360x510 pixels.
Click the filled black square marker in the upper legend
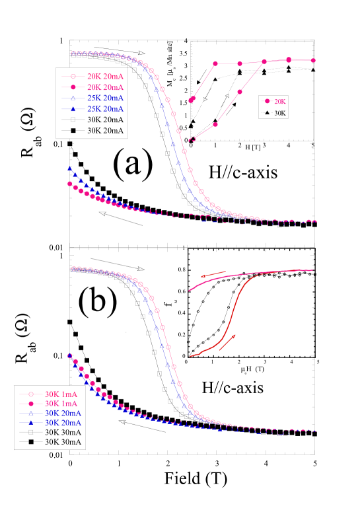(x=73, y=131)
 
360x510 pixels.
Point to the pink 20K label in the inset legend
(x=280, y=101)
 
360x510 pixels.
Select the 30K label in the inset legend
(x=280, y=113)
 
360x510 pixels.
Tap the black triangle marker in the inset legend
(x=268, y=113)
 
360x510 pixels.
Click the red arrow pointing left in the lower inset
(x=213, y=274)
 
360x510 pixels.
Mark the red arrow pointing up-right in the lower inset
(x=227, y=342)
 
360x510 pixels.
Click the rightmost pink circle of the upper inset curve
(x=313, y=60)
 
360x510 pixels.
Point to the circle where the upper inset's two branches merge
(x=264, y=61)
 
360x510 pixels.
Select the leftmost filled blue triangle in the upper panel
(x=69, y=169)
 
